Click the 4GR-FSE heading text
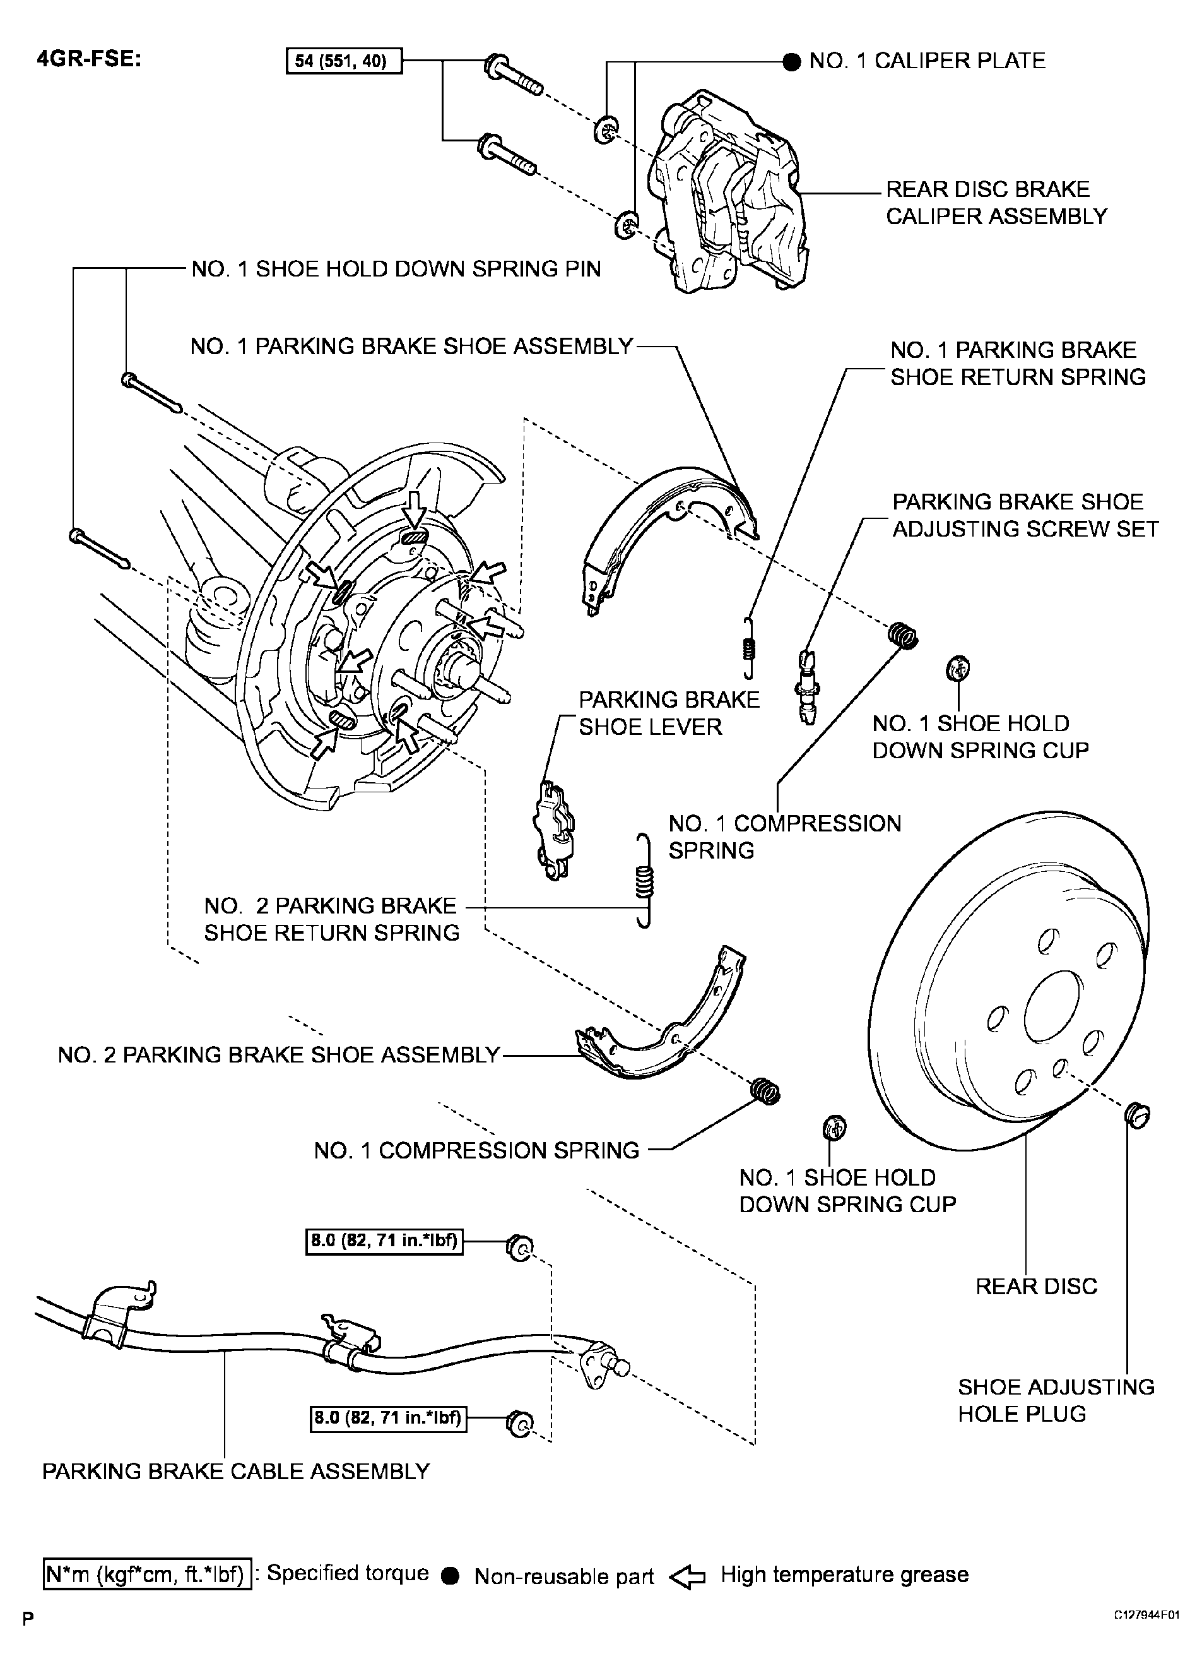[x=88, y=59]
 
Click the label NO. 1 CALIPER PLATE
[x=927, y=61]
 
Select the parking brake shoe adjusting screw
[x=809, y=686]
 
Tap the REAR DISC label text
[x=1036, y=1287]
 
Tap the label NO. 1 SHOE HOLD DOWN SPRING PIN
[x=396, y=269]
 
